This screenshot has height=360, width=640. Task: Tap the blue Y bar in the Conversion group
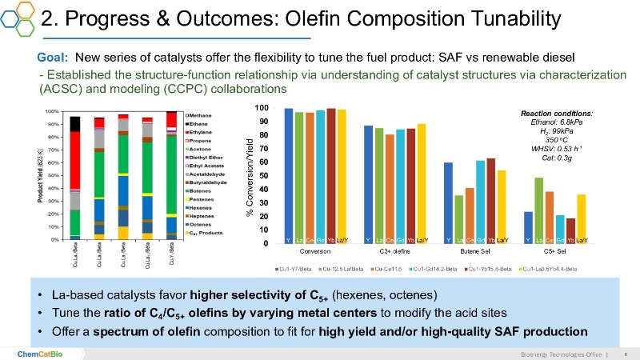tap(288, 176)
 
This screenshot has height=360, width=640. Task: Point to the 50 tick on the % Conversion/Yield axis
tap(262, 176)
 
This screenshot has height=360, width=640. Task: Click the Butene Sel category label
tap(475, 250)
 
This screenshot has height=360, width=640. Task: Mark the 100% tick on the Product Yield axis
tap(51, 112)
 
